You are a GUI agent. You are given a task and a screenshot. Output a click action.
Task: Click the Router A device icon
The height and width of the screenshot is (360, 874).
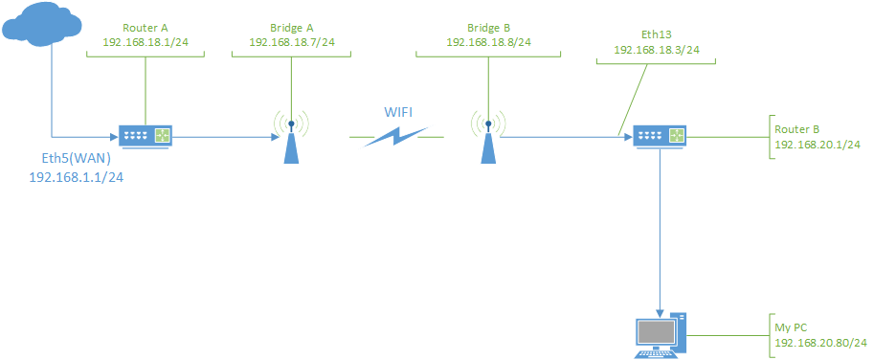click(x=146, y=137)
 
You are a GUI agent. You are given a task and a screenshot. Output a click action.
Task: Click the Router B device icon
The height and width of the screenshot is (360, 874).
click(x=661, y=137)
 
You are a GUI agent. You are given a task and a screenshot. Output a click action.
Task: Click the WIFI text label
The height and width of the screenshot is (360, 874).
click(x=399, y=111)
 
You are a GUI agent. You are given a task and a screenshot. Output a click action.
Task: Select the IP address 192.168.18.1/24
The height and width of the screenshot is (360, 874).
click(x=145, y=43)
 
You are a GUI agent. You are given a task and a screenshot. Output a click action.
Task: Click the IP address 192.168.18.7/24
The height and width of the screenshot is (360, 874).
click(x=291, y=43)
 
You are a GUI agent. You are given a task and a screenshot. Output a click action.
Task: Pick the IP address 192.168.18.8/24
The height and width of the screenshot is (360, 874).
click(x=488, y=42)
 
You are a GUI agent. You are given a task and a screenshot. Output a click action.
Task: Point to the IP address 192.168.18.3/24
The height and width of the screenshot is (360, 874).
click(x=656, y=49)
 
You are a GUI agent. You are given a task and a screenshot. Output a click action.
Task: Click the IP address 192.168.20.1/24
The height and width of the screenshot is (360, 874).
click(x=818, y=145)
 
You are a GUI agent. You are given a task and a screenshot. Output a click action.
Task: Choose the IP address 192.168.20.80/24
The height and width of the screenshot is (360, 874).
click(x=820, y=343)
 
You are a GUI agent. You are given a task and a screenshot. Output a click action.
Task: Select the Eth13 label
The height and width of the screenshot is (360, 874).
click(x=656, y=33)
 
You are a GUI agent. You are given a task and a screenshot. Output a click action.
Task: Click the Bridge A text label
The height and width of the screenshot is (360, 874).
click(x=291, y=28)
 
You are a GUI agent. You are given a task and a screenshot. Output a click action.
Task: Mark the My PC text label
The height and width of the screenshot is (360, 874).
click(x=792, y=327)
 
